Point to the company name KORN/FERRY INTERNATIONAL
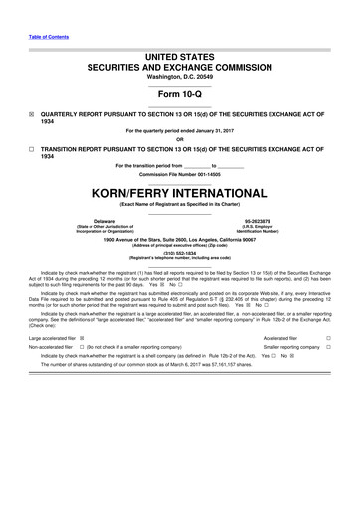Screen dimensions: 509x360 point(180,191)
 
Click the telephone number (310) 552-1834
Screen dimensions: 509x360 point(180,252)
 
